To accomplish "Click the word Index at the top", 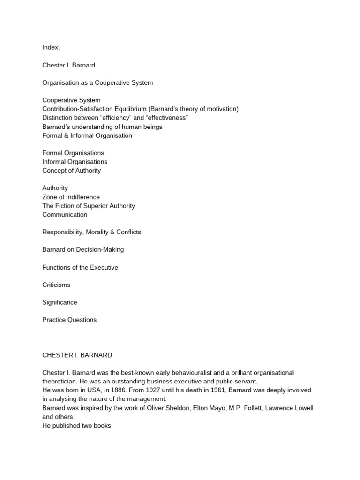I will click(51, 48).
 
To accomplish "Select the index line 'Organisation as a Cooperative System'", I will click(97, 83).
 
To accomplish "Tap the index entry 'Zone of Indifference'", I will click(71, 197).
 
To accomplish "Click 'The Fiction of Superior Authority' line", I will click(89, 206).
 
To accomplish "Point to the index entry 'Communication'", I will click(65, 215).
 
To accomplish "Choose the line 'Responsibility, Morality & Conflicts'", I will click(91, 232).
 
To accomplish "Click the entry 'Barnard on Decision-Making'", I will click(83, 249).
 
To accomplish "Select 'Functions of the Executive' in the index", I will click(80, 267).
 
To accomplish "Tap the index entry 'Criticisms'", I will click(56, 285).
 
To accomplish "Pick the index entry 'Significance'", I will click(60, 302).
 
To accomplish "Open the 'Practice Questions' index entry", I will click(69, 320).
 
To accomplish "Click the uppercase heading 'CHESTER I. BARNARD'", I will click(77, 355).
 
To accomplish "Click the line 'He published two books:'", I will click(77, 425).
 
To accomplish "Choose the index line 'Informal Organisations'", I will click(75, 162).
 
